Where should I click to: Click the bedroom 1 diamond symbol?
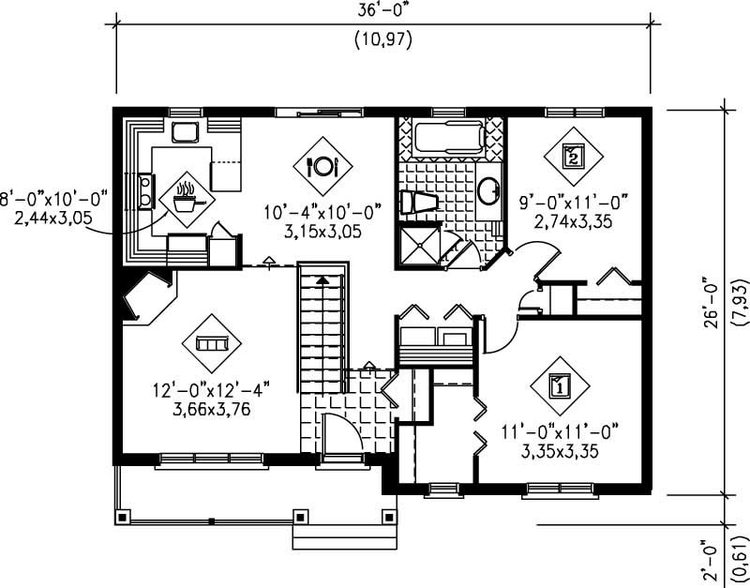coord(560,384)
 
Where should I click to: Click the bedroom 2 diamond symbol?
coord(573,156)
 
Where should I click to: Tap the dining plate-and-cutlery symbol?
coord(322,166)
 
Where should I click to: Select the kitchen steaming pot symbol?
coord(185,196)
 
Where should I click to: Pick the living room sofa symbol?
coord(212,343)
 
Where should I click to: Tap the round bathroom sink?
coord(489,192)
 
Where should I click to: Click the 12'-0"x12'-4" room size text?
coord(202,389)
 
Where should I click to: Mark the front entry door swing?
coord(339,433)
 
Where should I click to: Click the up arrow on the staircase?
coord(322,279)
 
